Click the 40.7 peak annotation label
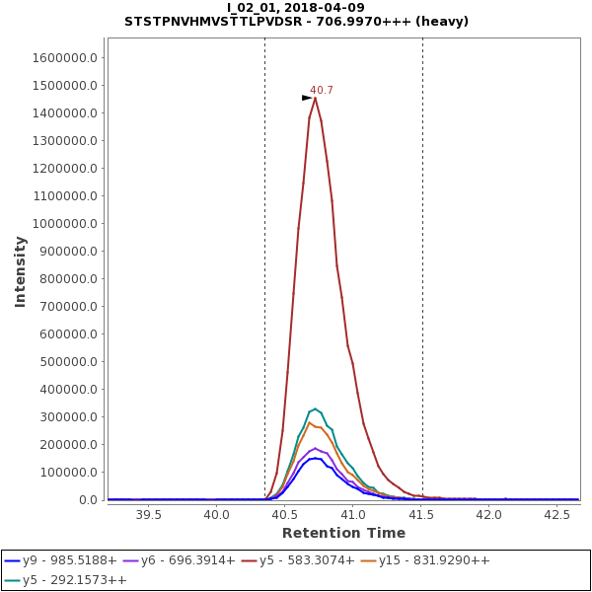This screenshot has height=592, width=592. click(x=322, y=91)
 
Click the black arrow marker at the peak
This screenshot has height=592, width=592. click(x=307, y=98)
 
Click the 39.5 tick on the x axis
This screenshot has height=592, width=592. click(x=148, y=514)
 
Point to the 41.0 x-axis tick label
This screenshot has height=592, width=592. click(x=353, y=514)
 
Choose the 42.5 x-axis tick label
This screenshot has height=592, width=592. click(x=557, y=514)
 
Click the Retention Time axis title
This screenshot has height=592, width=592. click(x=343, y=534)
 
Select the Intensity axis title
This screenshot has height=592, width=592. click(x=20, y=271)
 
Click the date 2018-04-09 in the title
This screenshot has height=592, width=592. click(x=329, y=8)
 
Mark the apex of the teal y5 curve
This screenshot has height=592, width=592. click(x=315, y=408)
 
